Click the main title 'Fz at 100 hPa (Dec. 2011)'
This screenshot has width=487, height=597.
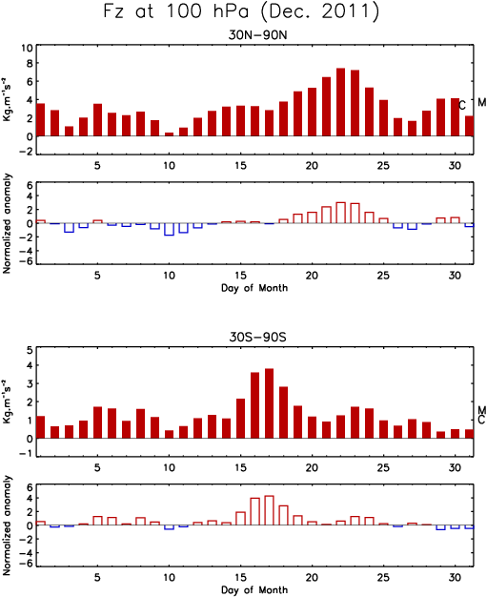point(241,11)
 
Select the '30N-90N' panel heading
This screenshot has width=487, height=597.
point(257,35)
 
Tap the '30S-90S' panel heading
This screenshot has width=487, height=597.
point(257,338)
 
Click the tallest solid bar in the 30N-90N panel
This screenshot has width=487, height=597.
point(341,102)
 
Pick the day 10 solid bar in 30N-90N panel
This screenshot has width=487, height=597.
point(170,134)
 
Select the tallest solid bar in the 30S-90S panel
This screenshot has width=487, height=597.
point(270,403)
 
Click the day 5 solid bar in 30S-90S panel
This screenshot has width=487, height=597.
point(98,422)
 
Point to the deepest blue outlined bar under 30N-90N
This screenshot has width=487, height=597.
point(170,229)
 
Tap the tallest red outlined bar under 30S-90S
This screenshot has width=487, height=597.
point(270,510)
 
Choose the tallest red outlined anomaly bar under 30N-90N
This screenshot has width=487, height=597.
point(341,213)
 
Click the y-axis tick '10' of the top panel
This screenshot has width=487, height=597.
point(27,49)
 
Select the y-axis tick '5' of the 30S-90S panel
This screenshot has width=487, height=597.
point(30,350)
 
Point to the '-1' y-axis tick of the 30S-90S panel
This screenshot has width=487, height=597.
point(28,457)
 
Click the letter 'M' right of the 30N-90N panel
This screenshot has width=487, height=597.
point(482,102)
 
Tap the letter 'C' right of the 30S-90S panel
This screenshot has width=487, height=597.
point(481,420)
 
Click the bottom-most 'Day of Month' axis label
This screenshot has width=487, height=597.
point(254,589)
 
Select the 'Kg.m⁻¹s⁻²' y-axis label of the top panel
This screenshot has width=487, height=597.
point(7,99)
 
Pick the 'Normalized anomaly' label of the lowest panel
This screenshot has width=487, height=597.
point(7,525)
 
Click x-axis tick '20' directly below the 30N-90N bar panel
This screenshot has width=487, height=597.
point(312,166)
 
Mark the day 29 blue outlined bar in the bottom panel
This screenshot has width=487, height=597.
point(440,527)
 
